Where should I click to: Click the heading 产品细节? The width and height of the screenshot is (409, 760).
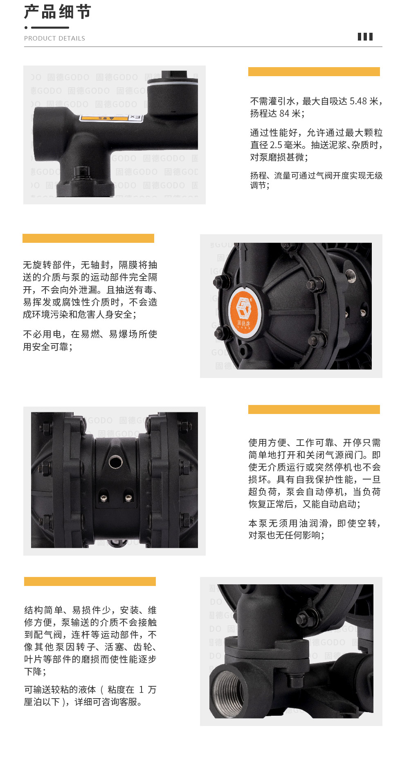click(x=58, y=12)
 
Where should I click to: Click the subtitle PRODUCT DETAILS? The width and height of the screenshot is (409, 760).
click(x=54, y=38)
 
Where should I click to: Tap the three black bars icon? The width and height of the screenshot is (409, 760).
click(x=365, y=37)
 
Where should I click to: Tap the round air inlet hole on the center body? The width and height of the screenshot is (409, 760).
click(x=115, y=462)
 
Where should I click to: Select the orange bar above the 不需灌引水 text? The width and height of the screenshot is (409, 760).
click(x=314, y=72)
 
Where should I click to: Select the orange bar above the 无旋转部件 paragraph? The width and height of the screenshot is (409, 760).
click(x=88, y=238)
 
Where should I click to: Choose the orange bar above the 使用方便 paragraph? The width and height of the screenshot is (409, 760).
click(x=314, y=409)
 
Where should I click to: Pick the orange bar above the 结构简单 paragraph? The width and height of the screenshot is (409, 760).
click(x=90, y=581)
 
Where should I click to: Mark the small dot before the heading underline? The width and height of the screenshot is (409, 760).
click(x=26, y=28)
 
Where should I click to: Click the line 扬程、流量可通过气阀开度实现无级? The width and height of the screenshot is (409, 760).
click(x=316, y=176)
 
